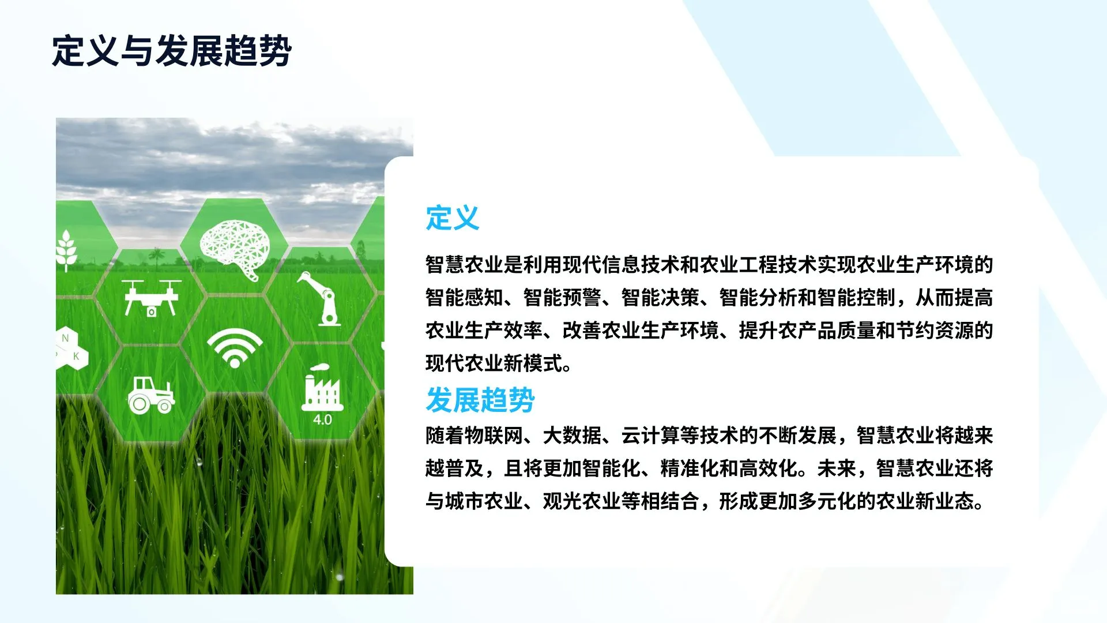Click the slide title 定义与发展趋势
coord(171,51)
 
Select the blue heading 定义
coord(453,218)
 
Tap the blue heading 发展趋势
coord(480,400)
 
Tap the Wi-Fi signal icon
coord(235,347)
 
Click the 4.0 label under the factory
coord(322,420)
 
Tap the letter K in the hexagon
coord(76,356)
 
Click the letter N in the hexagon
coord(65,338)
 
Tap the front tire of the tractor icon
coord(164,406)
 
